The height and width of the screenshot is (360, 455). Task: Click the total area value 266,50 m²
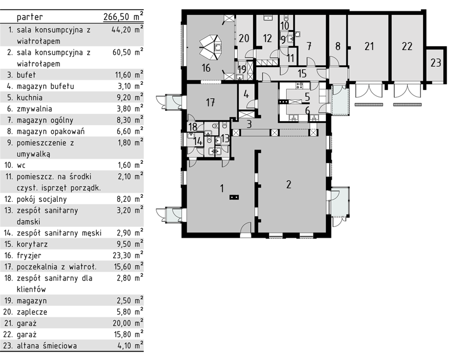click(x=123, y=16)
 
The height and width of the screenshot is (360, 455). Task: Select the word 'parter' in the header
click(x=30, y=17)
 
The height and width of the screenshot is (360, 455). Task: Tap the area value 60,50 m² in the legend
click(x=127, y=52)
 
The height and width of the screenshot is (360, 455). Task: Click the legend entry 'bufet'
click(x=26, y=75)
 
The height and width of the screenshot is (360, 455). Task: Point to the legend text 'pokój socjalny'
click(x=42, y=199)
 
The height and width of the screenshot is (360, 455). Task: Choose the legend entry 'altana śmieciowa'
click(x=47, y=346)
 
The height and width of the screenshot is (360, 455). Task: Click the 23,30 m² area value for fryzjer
click(x=127, y=255)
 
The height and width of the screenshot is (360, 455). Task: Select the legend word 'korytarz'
click(x=32, y=244)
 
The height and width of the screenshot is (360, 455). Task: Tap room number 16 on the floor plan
click(x=206, y=68)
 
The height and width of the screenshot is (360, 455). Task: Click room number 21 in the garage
click(x=369, y=47)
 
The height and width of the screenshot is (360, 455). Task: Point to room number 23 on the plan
click(x=436, y=63)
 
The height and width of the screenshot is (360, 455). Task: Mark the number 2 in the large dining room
click(x=288, y=184)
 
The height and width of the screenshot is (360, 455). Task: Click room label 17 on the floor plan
click(x=210, y=102)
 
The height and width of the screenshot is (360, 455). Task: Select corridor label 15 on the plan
click(x=302, y=73)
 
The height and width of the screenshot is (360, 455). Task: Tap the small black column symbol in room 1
click(x=234, y=197)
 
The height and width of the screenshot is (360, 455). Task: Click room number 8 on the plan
click(x=337, y=47)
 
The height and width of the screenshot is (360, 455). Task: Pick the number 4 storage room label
click(x=246, y=94)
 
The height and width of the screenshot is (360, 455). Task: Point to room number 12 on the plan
click(x=267, y=38)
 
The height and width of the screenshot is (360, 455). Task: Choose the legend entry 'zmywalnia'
click(x=34, y=109)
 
